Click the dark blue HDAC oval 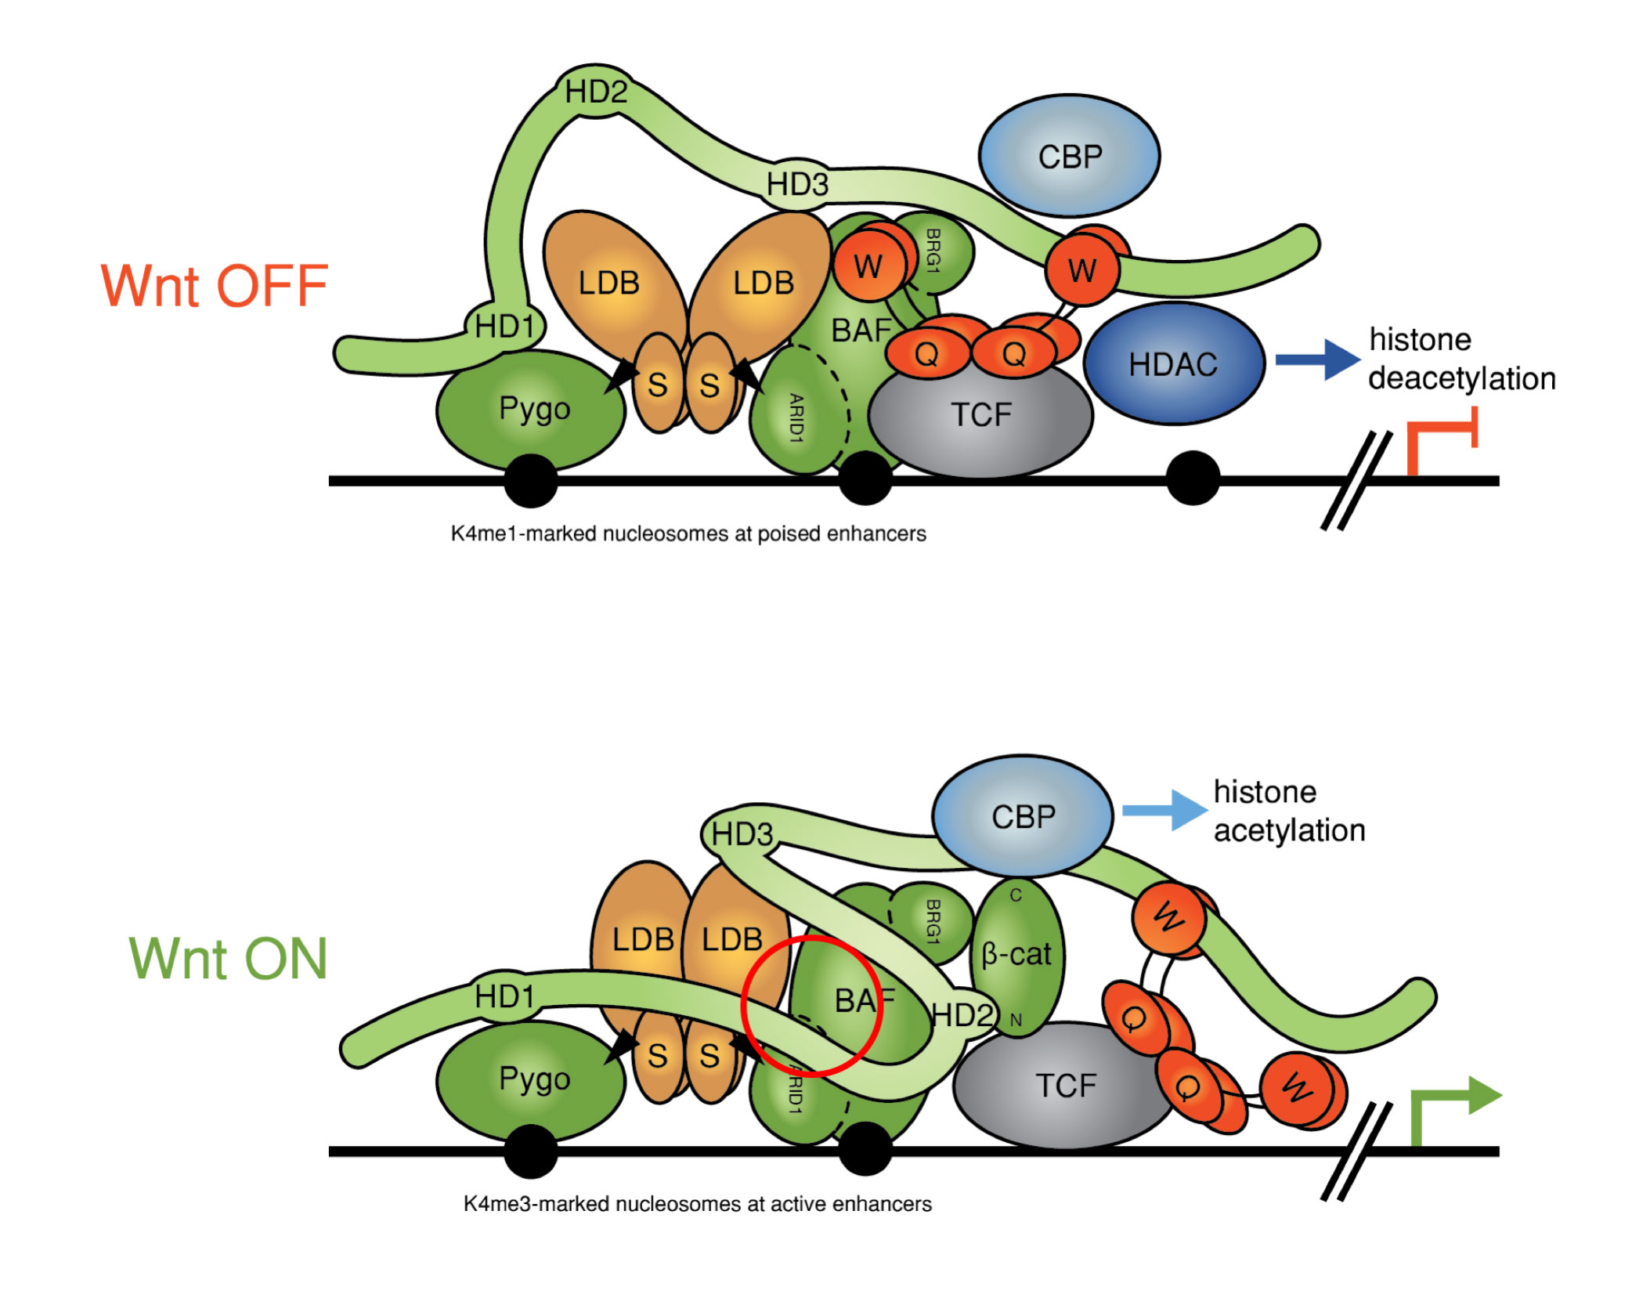click(x=1173, y=364)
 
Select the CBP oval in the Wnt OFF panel click(x=1069, y=157)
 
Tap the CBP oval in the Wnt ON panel click(x=1022, y=817)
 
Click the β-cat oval click(x=1016, y=955)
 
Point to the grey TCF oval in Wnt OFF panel click(x=981, y=415)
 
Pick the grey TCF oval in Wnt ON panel click(x=1065, y=1086)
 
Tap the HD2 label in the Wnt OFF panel click(x=596, y=92)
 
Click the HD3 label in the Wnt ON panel click(x=742, y=835)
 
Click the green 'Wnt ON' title click(x=227, y=959)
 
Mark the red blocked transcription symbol click(x=1441, y=439)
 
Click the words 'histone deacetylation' click(x=1460, y=360)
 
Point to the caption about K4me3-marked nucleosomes click(x=697, y=1204)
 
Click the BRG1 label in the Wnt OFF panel click(x=932, y=251)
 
